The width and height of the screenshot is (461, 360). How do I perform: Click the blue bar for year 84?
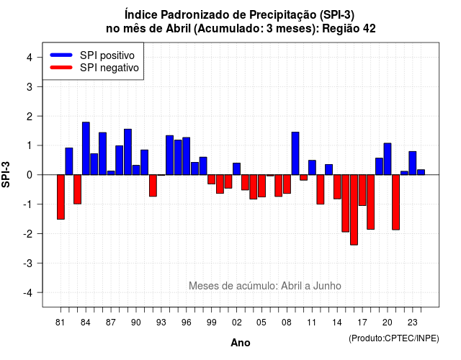coord(86,148)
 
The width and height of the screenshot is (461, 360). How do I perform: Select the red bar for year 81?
coord(61,197)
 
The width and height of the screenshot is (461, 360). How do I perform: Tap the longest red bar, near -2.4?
coord(354,210)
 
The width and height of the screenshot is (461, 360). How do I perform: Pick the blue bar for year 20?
coord(388,159)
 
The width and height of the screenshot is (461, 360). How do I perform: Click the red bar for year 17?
coord(362,190)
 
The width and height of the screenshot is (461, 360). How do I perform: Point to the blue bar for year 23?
coord(413,163)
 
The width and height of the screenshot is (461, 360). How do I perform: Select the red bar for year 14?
coord(337,187)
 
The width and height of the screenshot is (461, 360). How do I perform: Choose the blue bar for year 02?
coord(237,169)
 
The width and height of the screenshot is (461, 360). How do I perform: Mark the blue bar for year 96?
coord(187,156)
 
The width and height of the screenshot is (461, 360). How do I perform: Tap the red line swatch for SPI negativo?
coord(61,68)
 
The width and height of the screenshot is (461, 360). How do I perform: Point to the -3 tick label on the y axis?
coord(28,263)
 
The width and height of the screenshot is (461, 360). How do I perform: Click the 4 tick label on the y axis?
coord(30,58)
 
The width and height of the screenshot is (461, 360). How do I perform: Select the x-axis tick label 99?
coord(211,323)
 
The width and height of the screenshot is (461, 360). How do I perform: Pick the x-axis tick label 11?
coord(312,323)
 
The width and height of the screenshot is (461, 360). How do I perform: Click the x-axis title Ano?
coord(241,343)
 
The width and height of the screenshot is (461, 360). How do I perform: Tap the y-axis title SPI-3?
coord(6,174)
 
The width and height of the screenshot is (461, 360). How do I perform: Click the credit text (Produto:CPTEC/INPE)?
coord(394,338)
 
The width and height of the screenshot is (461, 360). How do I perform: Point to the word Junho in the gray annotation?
coord(327,286)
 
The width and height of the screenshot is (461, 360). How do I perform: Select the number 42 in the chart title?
coord(369,29)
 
